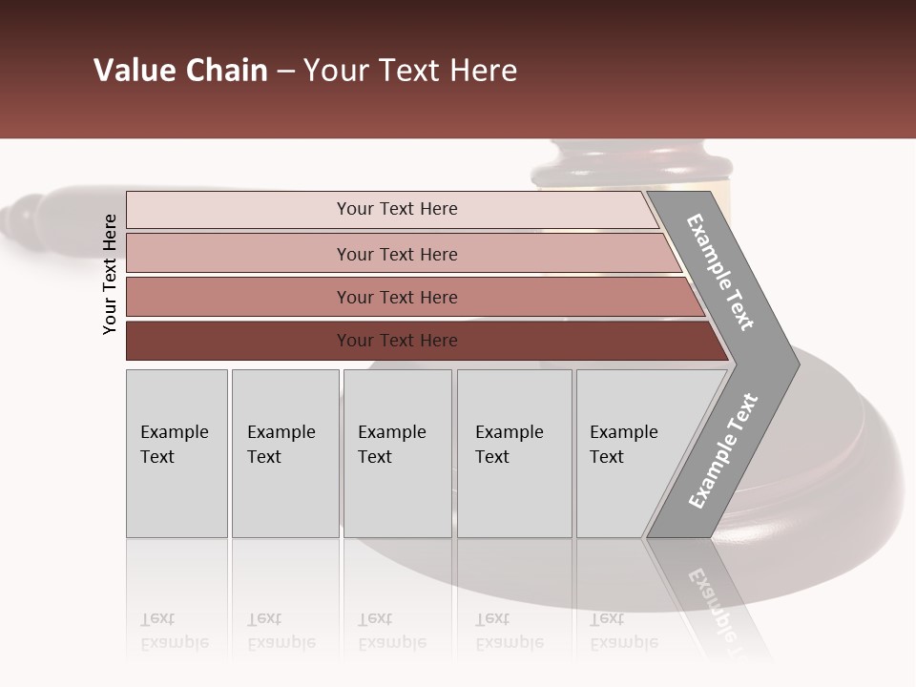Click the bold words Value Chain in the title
[180, 71]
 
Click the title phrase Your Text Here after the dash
[410, 71]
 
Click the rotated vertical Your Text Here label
[110, 275]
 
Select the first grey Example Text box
[177, 453]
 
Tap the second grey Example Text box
[284, 453]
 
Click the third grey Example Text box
[397, 453]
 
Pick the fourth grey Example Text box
[514, 453]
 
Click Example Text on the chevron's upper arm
[720, 272]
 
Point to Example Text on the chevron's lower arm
[723, 451]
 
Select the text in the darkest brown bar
[397, 341]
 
